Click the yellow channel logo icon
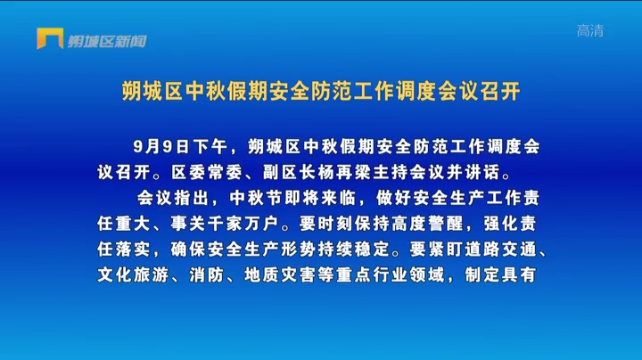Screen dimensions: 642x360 [50, 38]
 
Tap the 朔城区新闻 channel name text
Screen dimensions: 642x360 [107, 41]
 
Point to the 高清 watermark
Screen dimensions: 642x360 [590, 30]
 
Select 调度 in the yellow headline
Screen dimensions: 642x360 [416, 91]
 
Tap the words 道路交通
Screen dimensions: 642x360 [501, 250]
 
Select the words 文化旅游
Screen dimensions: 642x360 [133, 275]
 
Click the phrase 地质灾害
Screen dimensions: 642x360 [280, 275]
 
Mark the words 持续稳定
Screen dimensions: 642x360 [354, 250]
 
